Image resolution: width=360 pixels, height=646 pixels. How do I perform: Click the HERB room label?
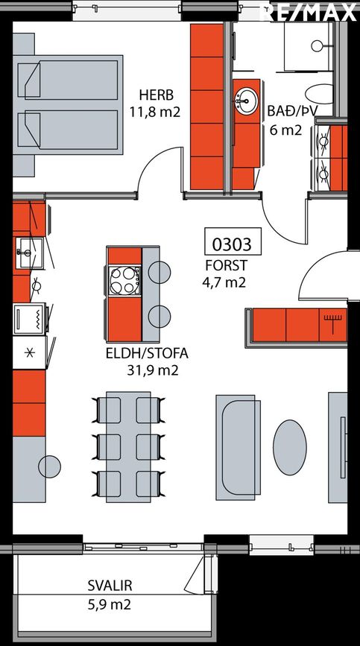pyautogui.click(x=156, y=95)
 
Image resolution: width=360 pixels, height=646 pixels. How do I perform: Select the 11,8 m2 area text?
pyautogui.click(x=155, y=112)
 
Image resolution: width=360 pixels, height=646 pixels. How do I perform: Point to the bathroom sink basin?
pyautogui.click(x=246, y=101)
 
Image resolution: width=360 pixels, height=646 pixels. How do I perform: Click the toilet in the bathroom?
pyautogui.click(x=319, y=94)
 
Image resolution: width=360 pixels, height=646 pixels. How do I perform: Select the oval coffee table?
pyautogui.click(x=290, y=447)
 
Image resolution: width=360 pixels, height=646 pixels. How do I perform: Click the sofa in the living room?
pyautogui.click(x=238, y=447)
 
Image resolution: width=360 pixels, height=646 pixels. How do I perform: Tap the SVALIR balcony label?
pyautogui.click(x=110, y=586)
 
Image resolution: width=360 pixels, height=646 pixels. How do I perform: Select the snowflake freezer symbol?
pyautogui.click(x=29, y=353)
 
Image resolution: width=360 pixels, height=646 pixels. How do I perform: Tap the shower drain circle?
pyautogui.click(x=318, y=45)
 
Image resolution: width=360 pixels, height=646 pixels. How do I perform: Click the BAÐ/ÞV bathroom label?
pyautogui.click(x=293, y=111)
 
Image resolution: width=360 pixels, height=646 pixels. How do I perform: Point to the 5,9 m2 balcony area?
pyautogui.click(x=109, y=605)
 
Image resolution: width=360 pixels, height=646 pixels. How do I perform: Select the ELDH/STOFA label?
pyautogui.click(x=147, y=353)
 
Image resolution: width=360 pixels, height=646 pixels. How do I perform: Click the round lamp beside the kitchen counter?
pyautogui.click(x=49, y=466)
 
